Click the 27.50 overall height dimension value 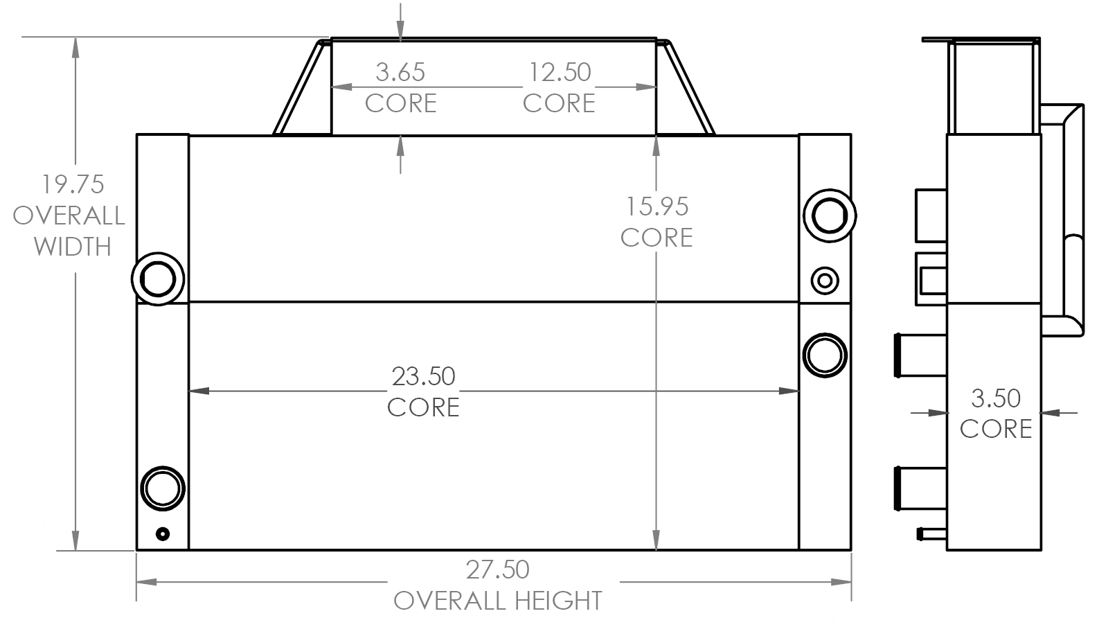(497, 569)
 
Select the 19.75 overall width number (72, 185)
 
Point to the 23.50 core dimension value (423, 376)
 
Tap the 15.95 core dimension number (657, 206)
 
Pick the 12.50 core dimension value (560, 72)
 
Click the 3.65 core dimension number (400, 72)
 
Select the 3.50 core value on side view (996, 398)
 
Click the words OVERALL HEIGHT (498, 601)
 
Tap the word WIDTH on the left (72, 247)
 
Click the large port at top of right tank (829, 215)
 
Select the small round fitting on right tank (825, 281)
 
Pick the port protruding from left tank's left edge (158, 279)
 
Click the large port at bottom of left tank (163, 488)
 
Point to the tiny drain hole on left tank (163, 533)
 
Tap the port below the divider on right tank (825, 355)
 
